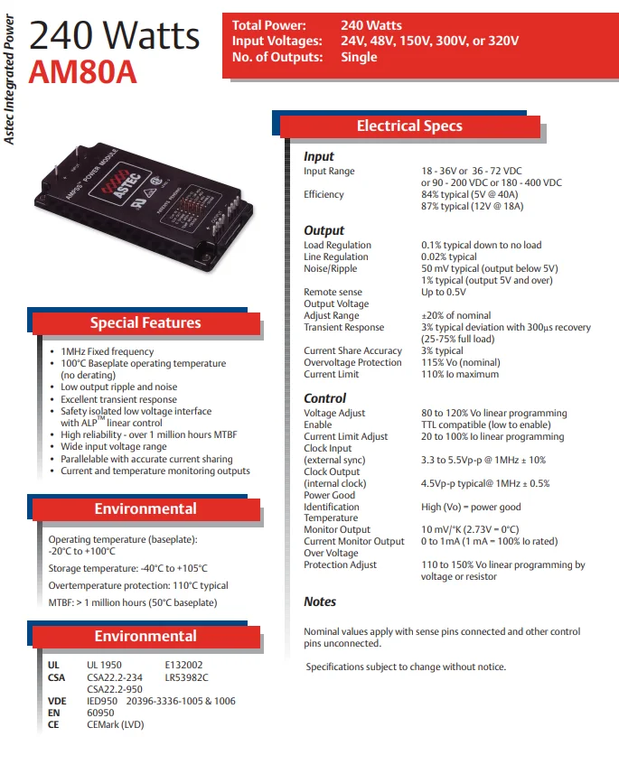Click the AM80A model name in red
pyautogui.click(x=82, y=72)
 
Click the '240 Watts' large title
pyautogui.click(x=115, y=35)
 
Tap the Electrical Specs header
pyautogui.click(x=409, y=126)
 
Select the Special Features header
pyautogui.click(x=145, y=323)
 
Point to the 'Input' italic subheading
pyautogui.click(x=319, y=156)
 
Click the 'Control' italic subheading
pyautogui.click(x=324, y=398)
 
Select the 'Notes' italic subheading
pyautogui.click(x=320, y=601)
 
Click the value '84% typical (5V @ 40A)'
pyautogui.click(x=472, y=194)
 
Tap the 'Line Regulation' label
pyautogui.click(x=336, y=256)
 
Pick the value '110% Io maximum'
pyautogui.click(x=460, y=374)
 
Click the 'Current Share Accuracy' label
pyautogui.click(x=352, y=350)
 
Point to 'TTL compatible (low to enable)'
pyautogui.click(x=486, y=424)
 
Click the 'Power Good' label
pyautogui.click(x=329, y=495)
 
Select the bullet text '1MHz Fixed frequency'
pyautogui.click(x=108, y=351)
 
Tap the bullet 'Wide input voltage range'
pyautogui.click(x=114, y=447)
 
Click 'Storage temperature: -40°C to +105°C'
pyautogui.click(x=127, y=568)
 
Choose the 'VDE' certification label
pyautogui.click(x=57, y=701)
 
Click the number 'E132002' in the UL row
pyautogui.click(x=183, y=666)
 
